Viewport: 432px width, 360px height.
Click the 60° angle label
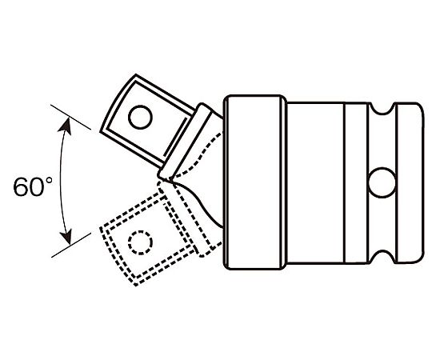(x=33, y=186)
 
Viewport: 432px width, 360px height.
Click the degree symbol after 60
(x=49, y=181)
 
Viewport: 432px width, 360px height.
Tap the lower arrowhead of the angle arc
(x=66, y=236)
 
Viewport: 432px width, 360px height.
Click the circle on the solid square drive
(x=140, y=117)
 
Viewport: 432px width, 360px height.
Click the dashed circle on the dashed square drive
(x=140, y=242)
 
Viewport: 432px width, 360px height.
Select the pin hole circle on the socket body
(x=382, y=182)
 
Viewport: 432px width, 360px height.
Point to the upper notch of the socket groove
(x=382, y=109)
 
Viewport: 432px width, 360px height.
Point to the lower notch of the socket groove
(x=382, y=257)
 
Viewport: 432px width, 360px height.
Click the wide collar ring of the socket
(x=255, y=182)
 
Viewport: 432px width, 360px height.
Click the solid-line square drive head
(x=146, y=121)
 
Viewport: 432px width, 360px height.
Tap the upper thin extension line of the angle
(x=70, y=117)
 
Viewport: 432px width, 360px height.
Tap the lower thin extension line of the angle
(x=71, y=245)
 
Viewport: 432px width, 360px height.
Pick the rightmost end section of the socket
(x=409, y=183)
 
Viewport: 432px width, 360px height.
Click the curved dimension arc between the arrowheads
(x=60, y=181)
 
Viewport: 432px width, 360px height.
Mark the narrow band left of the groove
(x=356, y=183)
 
